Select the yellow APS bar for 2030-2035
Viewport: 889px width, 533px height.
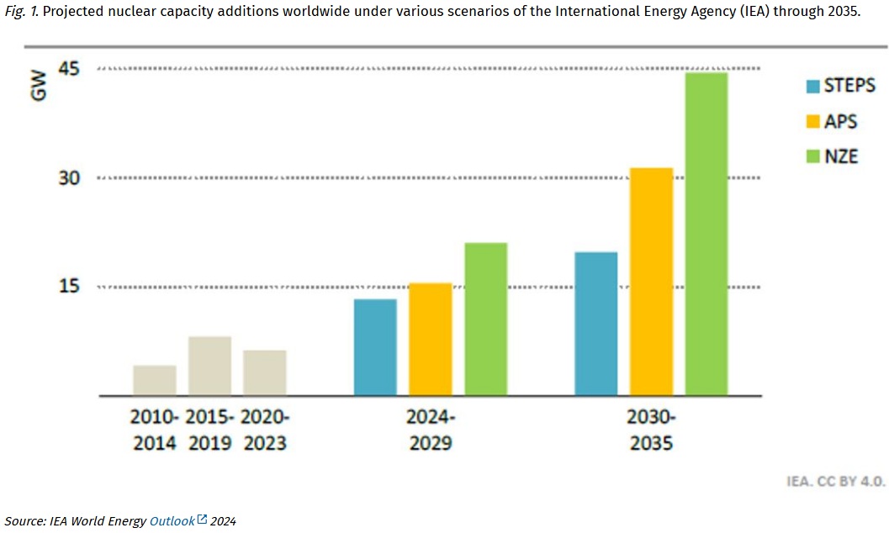(x=651, y=282)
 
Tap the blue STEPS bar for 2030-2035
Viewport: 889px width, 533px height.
(x=595, y=324)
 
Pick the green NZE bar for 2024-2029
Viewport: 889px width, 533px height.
(x=485, y=319)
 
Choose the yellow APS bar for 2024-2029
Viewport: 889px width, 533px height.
(x=430, y=340)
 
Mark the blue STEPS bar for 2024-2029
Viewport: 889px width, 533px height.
(x=375, y=347)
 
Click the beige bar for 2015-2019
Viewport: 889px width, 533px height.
(x=209, y=367)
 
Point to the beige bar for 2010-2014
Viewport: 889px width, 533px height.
(x=155, y=381)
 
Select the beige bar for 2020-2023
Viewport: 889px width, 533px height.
(x=265, y=373)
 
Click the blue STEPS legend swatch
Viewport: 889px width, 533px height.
(x=812, y=86)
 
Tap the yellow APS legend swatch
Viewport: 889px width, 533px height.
(x=812, y=121)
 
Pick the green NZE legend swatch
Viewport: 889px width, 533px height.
(x=812, y=156)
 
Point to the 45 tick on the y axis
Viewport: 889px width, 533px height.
(x=69, y=69)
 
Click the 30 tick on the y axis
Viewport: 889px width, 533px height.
(x=69, y=178)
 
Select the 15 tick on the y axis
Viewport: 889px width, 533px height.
(x=69, y=287)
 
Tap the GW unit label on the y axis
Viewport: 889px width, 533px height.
(x=39, y=88)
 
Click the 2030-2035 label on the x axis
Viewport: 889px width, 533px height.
(x=651, y=430)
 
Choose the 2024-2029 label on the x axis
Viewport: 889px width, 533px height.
(x=431, y=430)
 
